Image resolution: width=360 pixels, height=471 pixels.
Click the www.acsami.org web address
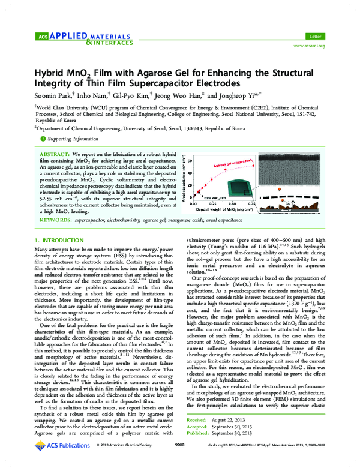[x=309, y=46]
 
